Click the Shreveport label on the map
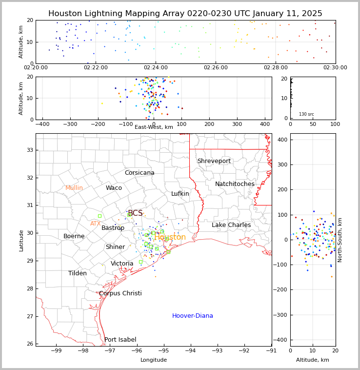(214, 161)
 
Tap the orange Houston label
(170, 237)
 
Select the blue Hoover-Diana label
(192, 316)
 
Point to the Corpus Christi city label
(120, 293)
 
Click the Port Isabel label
(120, 340)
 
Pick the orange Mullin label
(74, 188)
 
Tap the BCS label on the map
(135, 213)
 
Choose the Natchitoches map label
(235, 184)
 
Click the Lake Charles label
(231, 225)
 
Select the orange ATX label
(95, 224)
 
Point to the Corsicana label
(140, 173)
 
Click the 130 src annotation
(306, 114)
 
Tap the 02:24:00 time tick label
(156, 68)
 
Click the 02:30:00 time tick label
(335, 68)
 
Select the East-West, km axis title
(154, 127)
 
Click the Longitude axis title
(154, 360)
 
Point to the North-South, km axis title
(340, 240)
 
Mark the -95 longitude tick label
(164, 351)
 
